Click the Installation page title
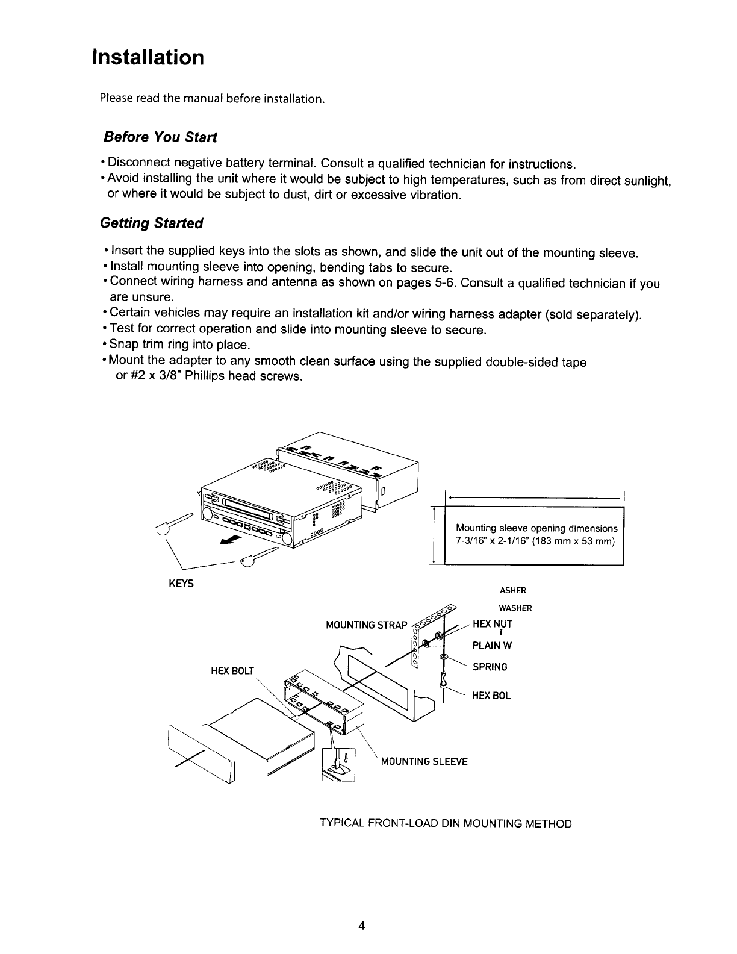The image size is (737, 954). click(148, 57)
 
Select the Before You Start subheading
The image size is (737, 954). click(160, 137)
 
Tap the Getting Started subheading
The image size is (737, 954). click(152, 223)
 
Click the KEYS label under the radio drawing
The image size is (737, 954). click(181, 584)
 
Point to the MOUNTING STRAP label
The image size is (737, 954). click(367, 625)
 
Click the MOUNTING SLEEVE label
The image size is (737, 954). click(424, 762)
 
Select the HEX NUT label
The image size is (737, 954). click(492, 624)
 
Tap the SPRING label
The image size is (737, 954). click(490, 667)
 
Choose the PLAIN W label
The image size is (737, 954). click(492, 646)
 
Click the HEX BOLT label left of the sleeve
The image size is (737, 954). click(232, 671)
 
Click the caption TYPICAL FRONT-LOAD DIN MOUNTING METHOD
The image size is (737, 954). click(446, 824)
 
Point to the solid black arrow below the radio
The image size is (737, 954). click(231, 540)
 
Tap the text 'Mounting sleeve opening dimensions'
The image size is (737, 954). click(536, 528)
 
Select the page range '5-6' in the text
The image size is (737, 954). click(444, 283)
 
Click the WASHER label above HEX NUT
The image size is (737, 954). click(515, 608)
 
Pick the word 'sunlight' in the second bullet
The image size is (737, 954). click(647, 181)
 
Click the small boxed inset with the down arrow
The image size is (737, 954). click(338, 764)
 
